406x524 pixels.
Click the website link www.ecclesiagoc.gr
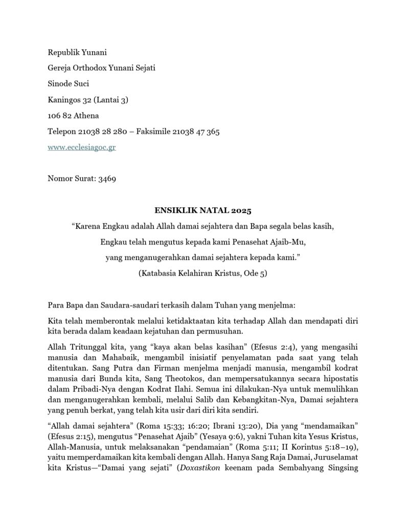81,147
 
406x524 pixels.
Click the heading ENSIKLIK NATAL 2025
203,210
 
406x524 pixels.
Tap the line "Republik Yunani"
77,52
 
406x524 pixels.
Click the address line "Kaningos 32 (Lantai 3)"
87,100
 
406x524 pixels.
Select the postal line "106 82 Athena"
73,116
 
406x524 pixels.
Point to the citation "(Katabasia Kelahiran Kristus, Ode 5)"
203,273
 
